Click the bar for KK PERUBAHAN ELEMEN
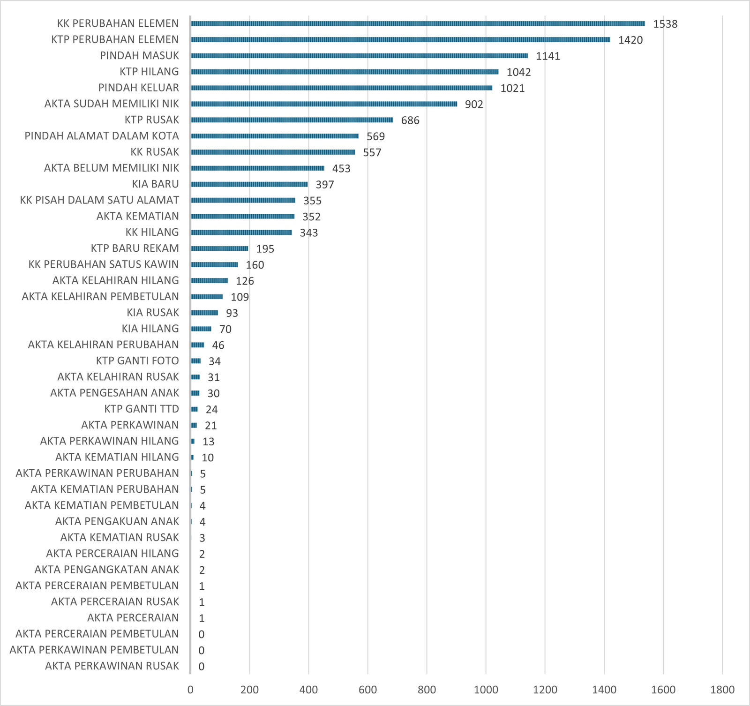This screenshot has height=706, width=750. click(x=418, y=24)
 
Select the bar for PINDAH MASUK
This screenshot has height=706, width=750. click(x=359, y=56)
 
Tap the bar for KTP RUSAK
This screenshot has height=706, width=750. click(x=292, y=120)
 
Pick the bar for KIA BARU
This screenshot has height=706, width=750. click(x=249, y=184)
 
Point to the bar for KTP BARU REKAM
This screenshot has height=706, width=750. click(x=219, y=248)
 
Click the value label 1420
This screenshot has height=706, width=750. click(x=630, y=40)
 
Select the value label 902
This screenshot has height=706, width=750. click(x=473, y=105)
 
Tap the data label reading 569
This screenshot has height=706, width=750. click(x=375, y=136)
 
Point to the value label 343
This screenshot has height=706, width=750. click(x=308, y=233)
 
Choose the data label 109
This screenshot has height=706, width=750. click(x=240, y=297)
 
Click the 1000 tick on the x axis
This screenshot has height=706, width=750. click(x=486, y=690)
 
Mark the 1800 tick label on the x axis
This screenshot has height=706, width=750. click(x=722, y=690)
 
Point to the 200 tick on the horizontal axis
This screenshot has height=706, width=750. click(x=249, y=690)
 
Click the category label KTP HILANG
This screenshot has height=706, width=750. click(x=149, y=72)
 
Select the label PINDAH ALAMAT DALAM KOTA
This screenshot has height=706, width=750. click(x=102, y=136)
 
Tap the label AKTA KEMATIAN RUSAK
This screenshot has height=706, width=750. click(x=120, y=537)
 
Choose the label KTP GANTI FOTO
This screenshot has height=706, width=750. click(x=137, y=361)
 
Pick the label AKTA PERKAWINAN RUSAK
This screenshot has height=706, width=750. click(x=112, y=666)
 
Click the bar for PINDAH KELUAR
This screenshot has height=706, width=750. click(x=341, y=88)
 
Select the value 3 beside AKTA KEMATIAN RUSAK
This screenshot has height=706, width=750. click(x=202, y=538)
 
